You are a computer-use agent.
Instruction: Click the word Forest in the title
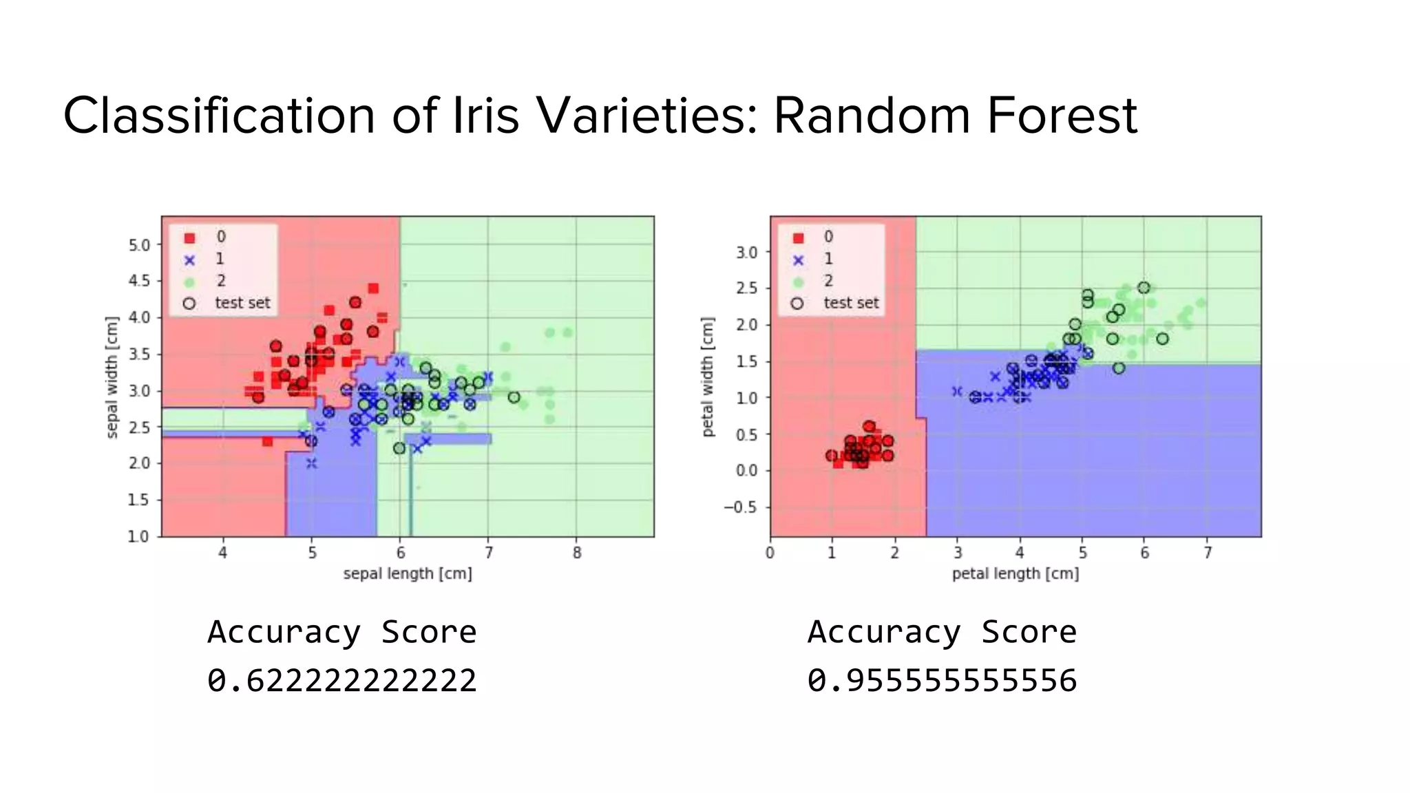(1061, 115)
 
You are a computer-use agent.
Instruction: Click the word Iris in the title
(485, 115)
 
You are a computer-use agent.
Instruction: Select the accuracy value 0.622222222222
(342, 681)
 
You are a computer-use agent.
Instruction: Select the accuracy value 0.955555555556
(942, 681)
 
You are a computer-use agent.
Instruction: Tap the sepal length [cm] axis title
(408, 573)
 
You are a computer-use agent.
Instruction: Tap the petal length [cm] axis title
(1016, 573)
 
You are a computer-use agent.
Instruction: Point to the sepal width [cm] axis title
(112, 377)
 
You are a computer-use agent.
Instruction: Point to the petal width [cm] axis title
(708, 377)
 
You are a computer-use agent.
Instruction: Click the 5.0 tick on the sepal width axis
(139, 245)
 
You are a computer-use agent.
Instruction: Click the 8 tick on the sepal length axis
(577, 553)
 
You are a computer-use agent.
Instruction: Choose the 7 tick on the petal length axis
(1208, 553)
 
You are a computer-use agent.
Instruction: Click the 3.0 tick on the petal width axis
(746, 253)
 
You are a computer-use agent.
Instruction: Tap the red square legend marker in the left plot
(190, 238)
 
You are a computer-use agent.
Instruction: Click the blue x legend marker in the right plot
(798, 260)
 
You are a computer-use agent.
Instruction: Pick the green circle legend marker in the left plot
(190, 282)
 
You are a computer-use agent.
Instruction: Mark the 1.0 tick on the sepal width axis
(139, 536)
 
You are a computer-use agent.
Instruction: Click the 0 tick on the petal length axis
(770, 553)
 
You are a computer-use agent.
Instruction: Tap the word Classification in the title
(219, 115)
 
